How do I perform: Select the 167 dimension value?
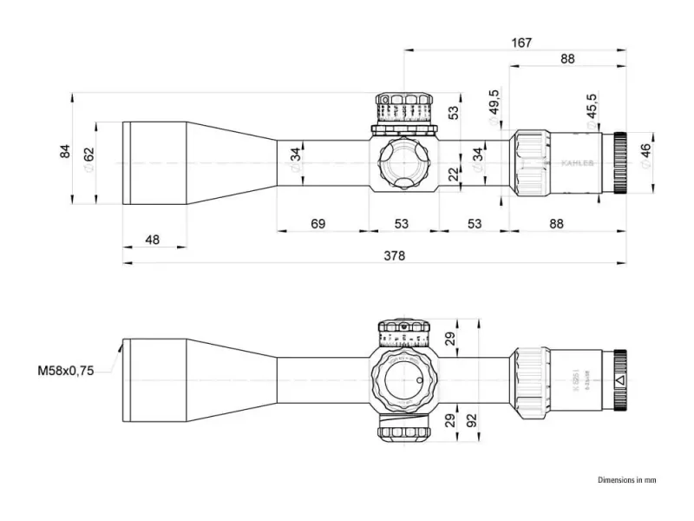(x=520, y=42)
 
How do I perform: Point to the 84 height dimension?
(x=64, y=151)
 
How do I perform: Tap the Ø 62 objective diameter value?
(x=88, y=159)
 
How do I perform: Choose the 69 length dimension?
(x=318, y=224)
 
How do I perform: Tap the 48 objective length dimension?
(x=153, y=240)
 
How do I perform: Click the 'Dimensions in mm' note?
(x=627, y=479)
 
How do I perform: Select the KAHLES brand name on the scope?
(x=577, y=162)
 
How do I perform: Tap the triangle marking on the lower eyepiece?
(x=618, y=379)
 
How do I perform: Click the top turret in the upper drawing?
(x=404, y=110)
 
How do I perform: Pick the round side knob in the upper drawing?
(x=405, y=162)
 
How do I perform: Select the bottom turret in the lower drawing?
(x=405, y=430)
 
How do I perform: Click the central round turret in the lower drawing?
(x=405, y=379)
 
